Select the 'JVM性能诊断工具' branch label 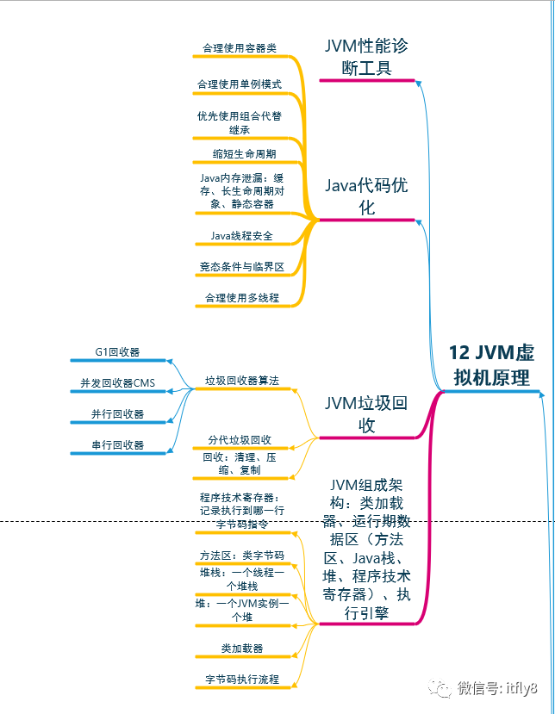pyautogui.click(x=366, y=57)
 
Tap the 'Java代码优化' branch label pyautogui.click(x=366, y=196)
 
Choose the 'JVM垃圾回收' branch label pyautogui.click(x=366, y=414)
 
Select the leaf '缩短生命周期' pyautogui.click(x=245, y=154)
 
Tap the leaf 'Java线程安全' pyautogui.click(x=241, y=235)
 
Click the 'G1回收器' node pyautogui.click(x=118, y=352)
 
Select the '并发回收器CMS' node pyautogui.click(x=118, y=383)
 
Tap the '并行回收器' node pyautogui.click(x=118, y=414)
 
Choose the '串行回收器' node pyautogui.click(x=118, y=445)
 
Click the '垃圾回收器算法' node pyautogui.click(x=242, y=380)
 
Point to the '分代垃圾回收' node pyautogui.click(x=240, y=440)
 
